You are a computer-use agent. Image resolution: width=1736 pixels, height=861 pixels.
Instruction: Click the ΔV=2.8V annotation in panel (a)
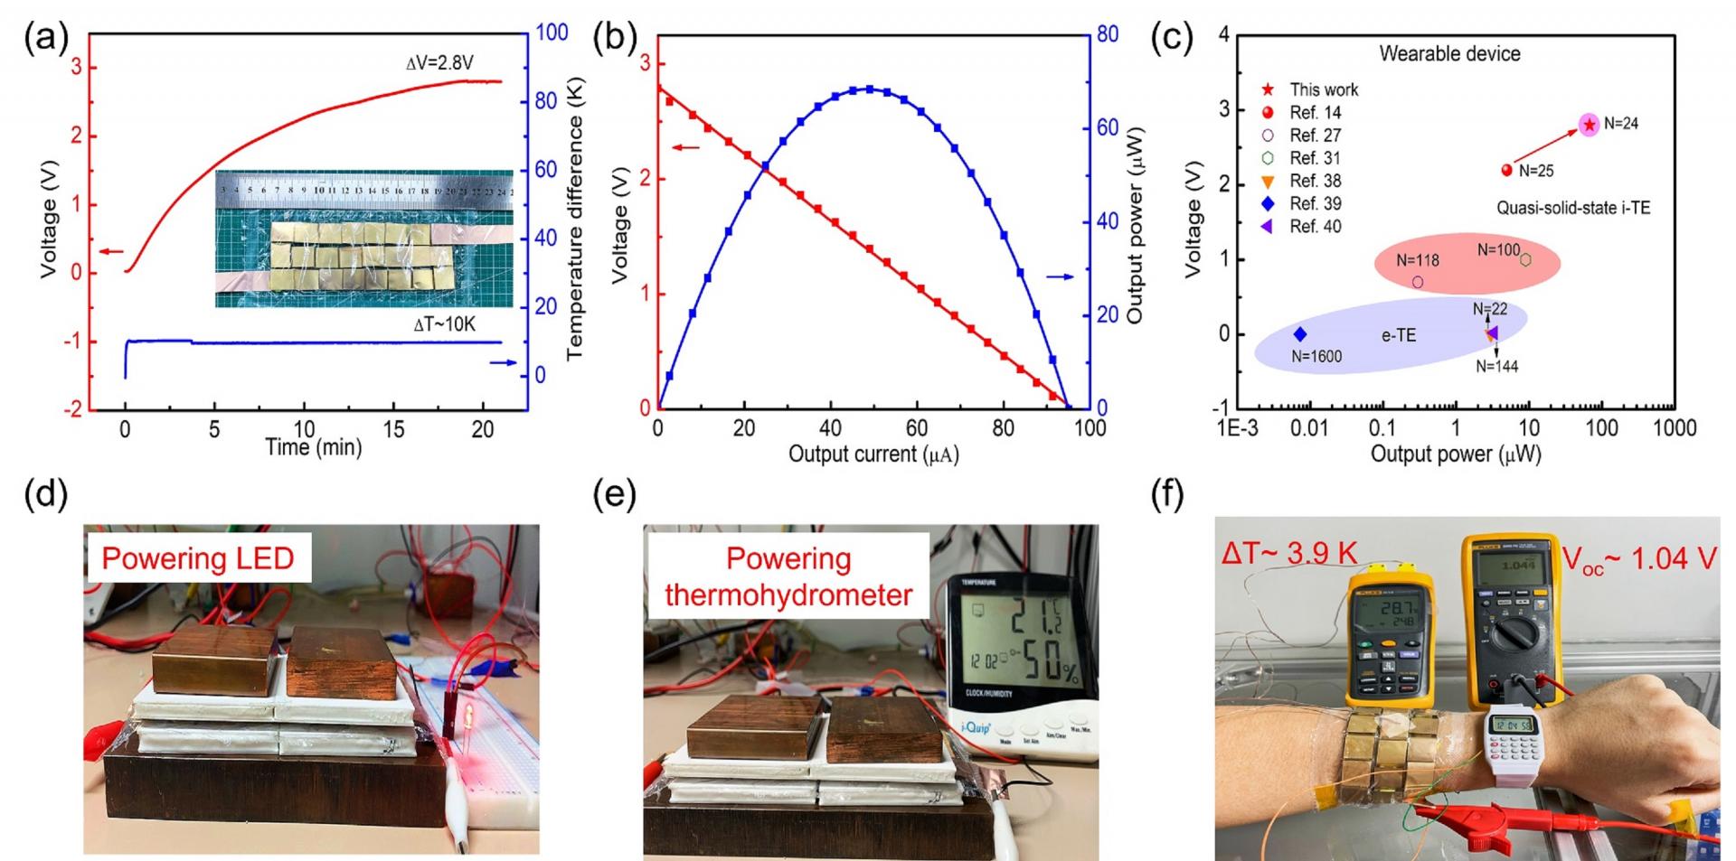click(439, 63)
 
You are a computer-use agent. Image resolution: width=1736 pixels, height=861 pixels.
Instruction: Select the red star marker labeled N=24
click(1589, 125)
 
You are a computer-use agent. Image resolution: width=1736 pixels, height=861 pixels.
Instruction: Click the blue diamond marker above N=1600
click(1299, 334)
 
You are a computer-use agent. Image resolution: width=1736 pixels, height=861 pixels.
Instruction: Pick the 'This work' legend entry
click(1323, 89)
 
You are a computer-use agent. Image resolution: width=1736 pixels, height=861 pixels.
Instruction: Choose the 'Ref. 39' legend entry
click(1315, 203)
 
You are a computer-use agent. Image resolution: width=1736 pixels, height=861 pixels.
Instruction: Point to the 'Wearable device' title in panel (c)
click(1449, 54)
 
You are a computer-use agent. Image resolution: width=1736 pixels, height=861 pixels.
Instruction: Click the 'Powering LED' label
click(198, 557)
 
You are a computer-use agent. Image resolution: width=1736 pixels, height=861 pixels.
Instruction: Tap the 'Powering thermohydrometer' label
click(788, 576)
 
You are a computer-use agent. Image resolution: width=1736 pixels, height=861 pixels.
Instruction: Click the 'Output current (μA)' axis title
click(873, 454)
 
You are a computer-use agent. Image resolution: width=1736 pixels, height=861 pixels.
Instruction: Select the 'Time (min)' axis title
click(313, 446)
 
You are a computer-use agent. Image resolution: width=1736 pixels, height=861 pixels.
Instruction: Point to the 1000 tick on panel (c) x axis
click(1674, 428)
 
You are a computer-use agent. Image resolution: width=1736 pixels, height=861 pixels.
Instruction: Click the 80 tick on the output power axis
click(1108, 34)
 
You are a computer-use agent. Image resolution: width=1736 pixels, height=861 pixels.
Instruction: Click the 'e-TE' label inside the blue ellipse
click(1398, 335)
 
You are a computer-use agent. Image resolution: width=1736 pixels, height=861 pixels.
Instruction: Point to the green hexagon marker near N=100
click(1525, 260)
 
